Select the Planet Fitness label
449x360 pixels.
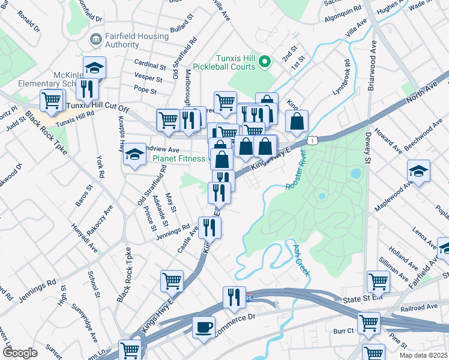pos(179,158)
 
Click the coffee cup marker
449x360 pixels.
pos(203,328)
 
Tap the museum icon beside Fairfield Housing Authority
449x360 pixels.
pos(95,40)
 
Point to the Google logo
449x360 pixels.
pos(20,353)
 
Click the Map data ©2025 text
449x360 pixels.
pos(423,355)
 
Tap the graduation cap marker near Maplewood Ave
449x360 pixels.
pos(418,172)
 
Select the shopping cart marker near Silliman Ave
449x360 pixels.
pos(378,280)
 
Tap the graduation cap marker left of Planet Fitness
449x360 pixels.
pos(135,155)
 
